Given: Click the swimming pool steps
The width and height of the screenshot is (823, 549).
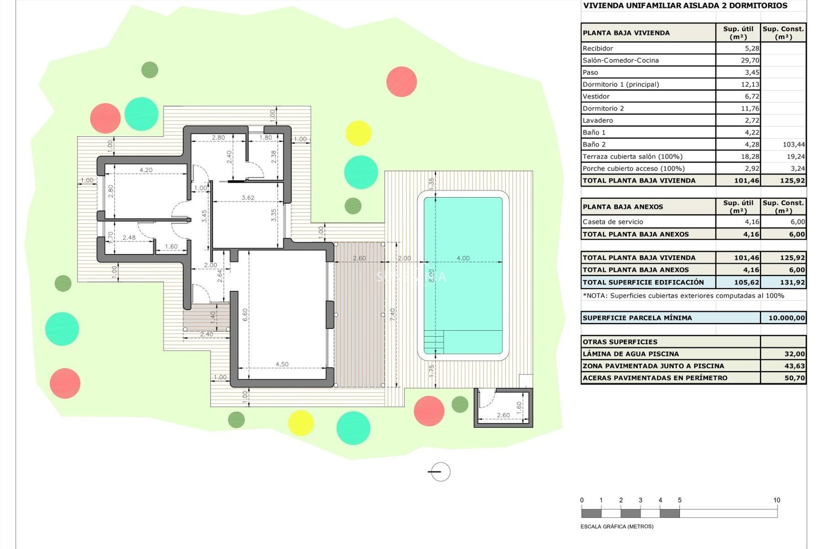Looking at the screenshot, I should (433, 342).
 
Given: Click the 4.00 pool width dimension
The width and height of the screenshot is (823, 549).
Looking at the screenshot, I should (463, 258).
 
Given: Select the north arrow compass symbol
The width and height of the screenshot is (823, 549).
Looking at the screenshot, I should (440, 472).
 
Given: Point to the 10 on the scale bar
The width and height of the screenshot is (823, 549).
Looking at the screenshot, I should (776, 500).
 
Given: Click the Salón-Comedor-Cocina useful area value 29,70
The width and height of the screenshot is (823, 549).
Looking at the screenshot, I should (750, 60).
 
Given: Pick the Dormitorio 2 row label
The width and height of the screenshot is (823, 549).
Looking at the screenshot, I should (603, 109).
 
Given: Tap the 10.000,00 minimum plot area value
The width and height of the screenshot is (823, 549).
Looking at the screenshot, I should (786, 318).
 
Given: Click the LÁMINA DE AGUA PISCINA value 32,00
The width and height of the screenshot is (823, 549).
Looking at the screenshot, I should (794, 354).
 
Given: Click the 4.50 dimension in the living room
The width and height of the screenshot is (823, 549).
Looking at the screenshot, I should (282, 364).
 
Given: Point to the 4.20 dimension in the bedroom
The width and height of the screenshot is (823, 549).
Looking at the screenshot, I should (146, 170).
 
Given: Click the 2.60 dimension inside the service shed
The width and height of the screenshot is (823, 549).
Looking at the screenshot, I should (503, 415).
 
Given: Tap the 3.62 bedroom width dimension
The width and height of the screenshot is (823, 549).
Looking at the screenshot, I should (248, 198).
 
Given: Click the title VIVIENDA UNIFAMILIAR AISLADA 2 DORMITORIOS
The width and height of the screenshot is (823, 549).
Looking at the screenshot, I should (685, 6).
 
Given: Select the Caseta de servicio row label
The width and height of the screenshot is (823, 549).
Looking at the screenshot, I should (613, 222).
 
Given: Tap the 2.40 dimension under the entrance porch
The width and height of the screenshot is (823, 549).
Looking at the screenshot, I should (206, 334).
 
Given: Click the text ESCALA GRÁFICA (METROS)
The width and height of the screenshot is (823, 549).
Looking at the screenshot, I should (617, 526).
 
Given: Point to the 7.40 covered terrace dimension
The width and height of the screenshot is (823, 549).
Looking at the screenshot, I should (393, 314).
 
